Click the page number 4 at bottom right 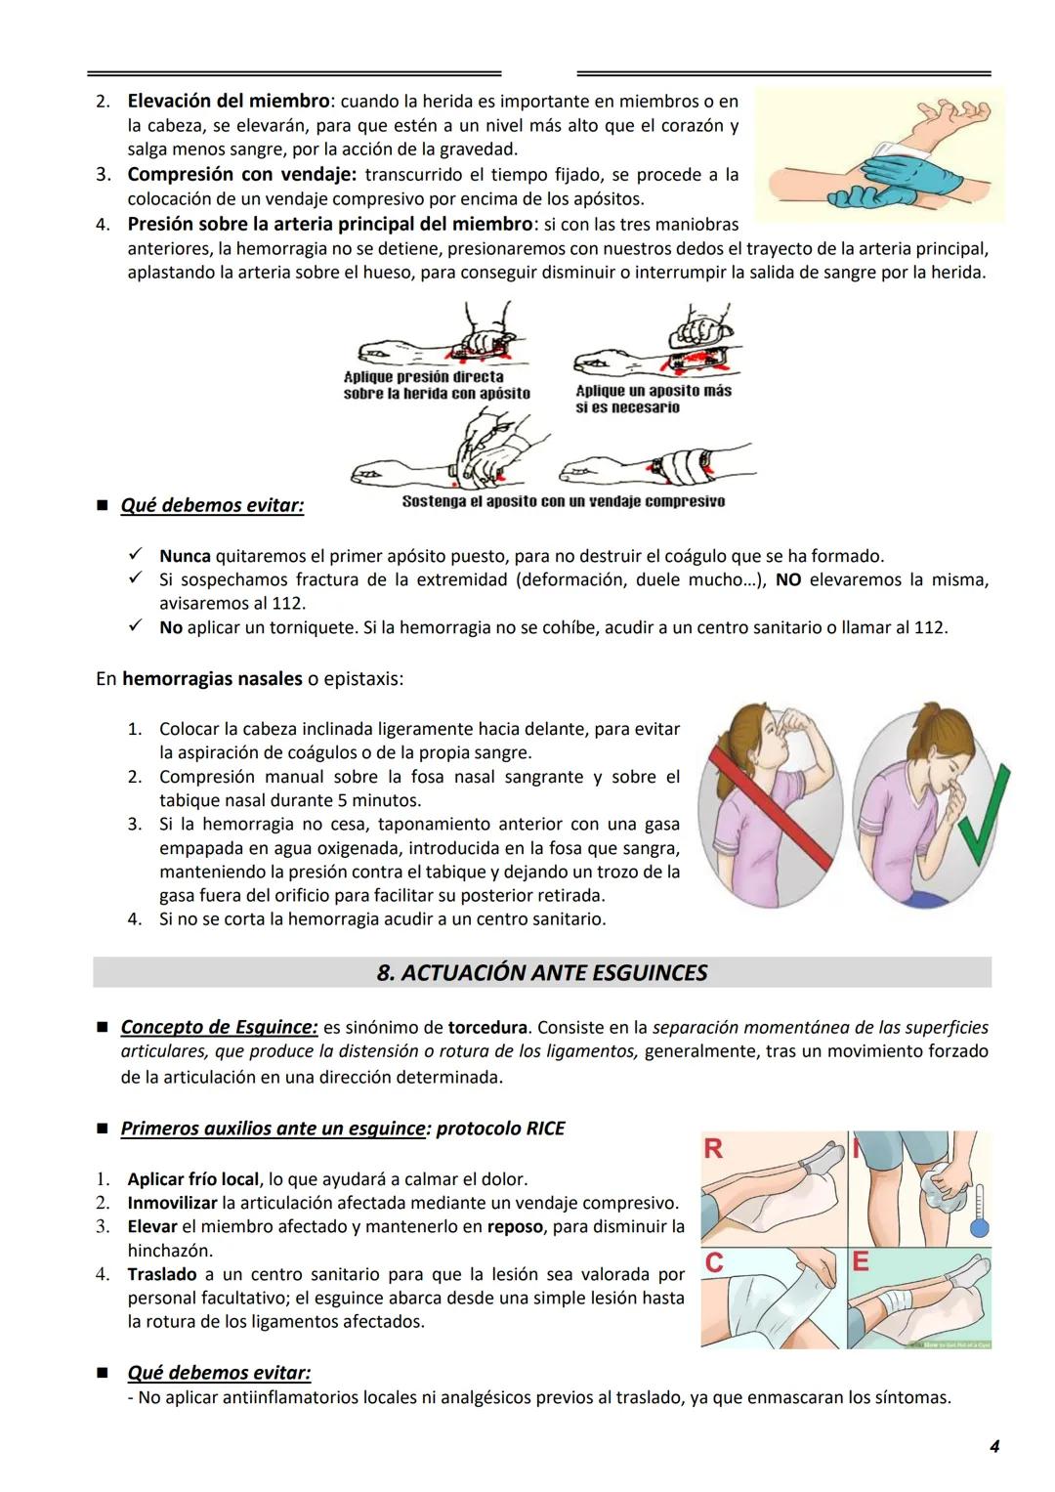[993, 1446]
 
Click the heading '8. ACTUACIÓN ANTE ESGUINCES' [541, 973]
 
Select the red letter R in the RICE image [713, 1149]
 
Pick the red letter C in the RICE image [714, 1263]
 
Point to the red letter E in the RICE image [861, 1261]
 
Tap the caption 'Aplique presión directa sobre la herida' [436, 385]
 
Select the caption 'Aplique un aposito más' [653, 391]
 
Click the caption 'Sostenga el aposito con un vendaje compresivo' [563, 501]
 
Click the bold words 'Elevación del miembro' [229, 101]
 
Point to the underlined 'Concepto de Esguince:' [219, 1027]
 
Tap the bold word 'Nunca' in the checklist [185, 556]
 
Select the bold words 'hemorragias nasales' [212, 678]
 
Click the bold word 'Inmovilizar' [172, 1203]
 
